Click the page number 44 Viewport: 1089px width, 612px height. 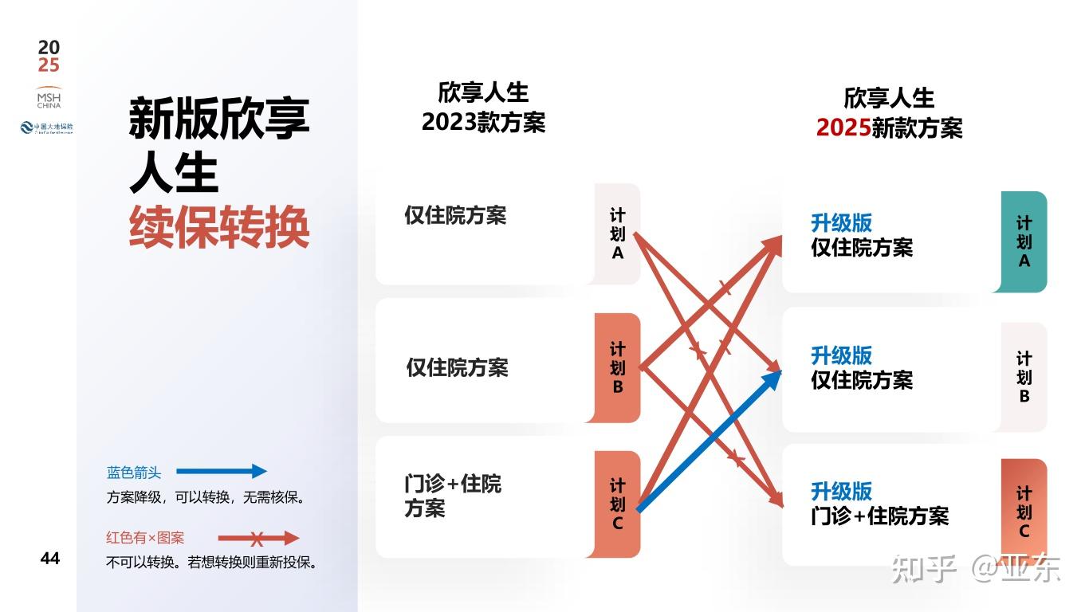49,559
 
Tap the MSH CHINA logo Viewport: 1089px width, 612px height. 49,97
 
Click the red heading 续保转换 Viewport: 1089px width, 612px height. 219,228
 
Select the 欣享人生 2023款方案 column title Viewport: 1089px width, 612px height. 483,108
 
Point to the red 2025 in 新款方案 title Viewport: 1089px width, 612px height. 843,127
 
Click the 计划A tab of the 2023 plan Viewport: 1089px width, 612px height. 618,234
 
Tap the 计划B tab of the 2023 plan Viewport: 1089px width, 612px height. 618,368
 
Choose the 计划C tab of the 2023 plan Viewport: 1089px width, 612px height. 618,504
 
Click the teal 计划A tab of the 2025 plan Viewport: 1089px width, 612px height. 1024,242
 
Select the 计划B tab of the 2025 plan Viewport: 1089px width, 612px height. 1024,377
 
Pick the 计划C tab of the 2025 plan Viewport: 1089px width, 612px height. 1024,512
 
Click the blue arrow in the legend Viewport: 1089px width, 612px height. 222,472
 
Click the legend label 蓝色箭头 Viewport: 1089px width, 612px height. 134,473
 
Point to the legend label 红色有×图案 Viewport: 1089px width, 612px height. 145,538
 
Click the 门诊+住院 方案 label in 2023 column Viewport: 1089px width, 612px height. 453,496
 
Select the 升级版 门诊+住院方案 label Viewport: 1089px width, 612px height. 879,504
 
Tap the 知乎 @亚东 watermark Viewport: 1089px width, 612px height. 975,568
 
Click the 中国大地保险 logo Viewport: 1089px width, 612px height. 47,127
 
